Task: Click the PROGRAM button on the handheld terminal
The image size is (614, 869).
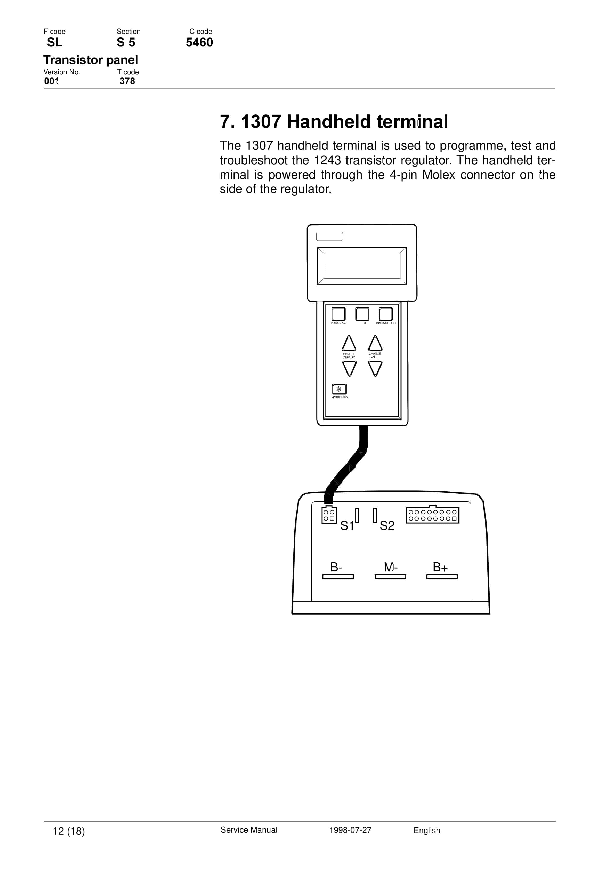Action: coord(338,314)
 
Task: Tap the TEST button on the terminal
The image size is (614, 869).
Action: coord(362,314)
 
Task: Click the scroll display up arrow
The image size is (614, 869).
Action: coord(349,344)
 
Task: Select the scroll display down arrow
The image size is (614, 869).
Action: coord(349,368)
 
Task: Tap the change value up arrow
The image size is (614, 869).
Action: coord(375,344)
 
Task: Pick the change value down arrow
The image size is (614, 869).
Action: coord(375,368)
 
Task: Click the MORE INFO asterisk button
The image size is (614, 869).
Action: coord(339,389)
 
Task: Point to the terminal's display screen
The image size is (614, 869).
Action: coord(362,266)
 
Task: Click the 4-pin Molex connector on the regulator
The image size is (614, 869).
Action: coord(329,515)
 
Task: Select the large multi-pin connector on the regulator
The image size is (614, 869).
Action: coord(433,515)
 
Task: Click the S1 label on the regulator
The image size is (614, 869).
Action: coord(347,526)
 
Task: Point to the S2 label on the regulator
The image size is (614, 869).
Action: coord(387,526)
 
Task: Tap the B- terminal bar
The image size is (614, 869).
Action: coord(338,577)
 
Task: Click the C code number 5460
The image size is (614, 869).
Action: coord(199,42)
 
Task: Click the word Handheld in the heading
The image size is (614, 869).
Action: coord(329,122)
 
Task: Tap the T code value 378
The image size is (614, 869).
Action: coord(127,81)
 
